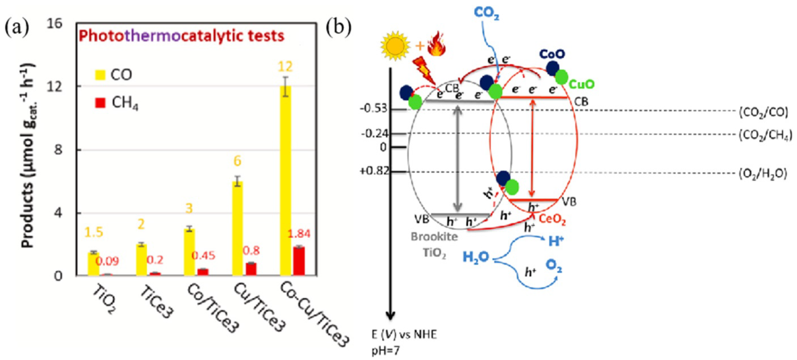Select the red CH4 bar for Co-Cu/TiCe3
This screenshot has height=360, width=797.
pos(299,261)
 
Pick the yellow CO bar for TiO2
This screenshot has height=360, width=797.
pos(93,264)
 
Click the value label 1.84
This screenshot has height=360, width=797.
pos(298,234)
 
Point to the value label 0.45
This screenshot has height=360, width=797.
pos(203,256)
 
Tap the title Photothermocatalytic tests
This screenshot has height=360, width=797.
pos(181,36)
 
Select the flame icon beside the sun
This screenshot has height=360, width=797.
pos(436,44)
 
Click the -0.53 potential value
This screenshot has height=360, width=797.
pos(374,109)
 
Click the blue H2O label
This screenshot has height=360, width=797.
pos(476,257)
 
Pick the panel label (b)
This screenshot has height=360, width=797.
pos(339,27)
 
